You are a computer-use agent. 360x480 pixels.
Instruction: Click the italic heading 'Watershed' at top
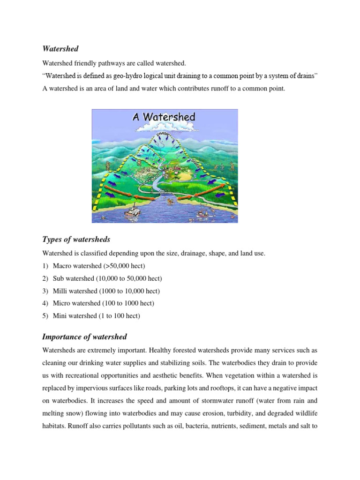pos(60,48)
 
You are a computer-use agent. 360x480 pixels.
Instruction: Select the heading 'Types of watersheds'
pos(76,240)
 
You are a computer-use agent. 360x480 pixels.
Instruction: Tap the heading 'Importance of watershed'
pos(84,337)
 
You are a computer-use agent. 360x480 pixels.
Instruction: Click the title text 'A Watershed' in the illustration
pos(164,116)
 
